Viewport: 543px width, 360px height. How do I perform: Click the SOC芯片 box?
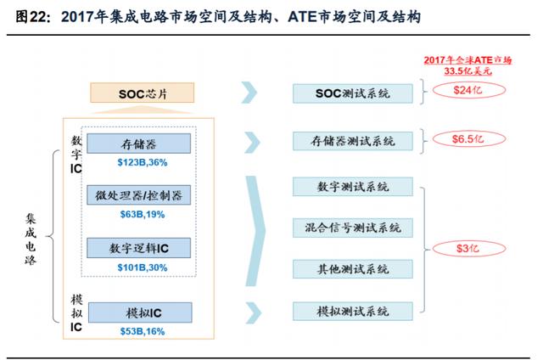pos(142,93)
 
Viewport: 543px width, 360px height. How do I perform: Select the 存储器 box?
pos(138,143)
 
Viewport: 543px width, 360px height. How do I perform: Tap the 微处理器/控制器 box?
pos(138,195)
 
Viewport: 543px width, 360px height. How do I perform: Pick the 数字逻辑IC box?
pos(138,248)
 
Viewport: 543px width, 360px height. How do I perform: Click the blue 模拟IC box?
pos(140,312)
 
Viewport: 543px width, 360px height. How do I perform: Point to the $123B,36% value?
pos(143,162)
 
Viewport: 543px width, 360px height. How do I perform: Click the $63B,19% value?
pos(143,215)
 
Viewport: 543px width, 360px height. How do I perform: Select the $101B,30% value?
pos(143,267)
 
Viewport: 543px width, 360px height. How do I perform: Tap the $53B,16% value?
pos(143,331)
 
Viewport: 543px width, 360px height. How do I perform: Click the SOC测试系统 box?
pos(353,93)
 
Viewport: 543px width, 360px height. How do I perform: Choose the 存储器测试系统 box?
pos(353,141)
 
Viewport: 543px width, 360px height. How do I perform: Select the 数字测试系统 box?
pos(353,187)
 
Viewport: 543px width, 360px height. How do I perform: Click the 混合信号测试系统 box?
pos(353,228)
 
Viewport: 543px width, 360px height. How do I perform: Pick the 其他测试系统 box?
pos(353,269)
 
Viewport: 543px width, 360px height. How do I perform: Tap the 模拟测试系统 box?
pos(353,311)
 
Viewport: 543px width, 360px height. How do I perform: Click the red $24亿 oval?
pos(468,90)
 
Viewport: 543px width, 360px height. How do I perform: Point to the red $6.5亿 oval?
pos(468,139)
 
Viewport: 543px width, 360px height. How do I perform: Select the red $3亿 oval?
pos(468,249)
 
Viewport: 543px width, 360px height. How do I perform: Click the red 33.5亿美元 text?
pos(467,71)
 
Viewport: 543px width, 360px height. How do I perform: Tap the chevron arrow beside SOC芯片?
pos(249,93)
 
